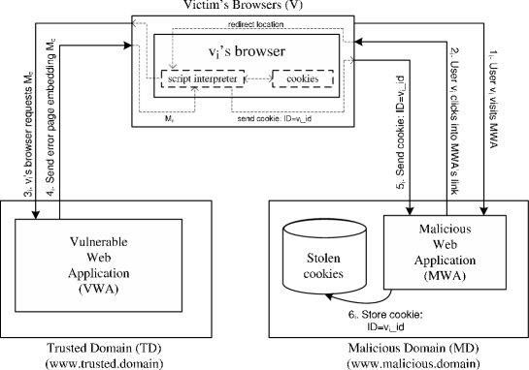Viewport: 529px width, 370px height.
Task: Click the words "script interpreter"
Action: coord(201,77)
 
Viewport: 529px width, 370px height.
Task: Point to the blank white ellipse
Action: coord(324,229)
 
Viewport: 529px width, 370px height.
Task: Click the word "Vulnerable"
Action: coord(99,241)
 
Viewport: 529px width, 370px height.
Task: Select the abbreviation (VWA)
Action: coord(99,288)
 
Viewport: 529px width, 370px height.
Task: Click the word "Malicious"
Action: coord(446,231)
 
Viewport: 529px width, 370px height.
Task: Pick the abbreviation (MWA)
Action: coord(446,276)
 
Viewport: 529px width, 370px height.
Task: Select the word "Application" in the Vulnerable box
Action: coord(99,272)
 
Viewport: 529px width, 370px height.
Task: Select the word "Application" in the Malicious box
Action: coord(446,261)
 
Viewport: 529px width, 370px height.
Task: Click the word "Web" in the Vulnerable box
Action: coord(99,257)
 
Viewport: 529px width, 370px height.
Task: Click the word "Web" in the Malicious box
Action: coord(446,246)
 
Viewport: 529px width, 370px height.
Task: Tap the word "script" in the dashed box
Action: coord(180,77)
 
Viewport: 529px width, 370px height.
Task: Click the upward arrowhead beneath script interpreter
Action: coord(196,90)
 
